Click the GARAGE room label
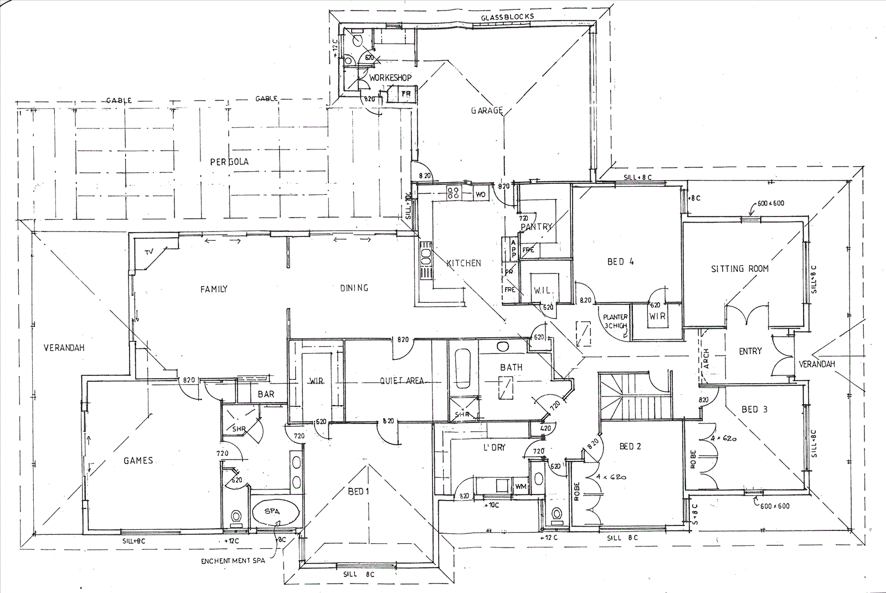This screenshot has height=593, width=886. (x=487, y=110)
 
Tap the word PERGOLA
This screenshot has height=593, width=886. (x=229, y=162)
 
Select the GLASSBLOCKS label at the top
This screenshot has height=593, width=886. (x=507, y=17)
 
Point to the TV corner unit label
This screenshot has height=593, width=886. (x=148, y=252)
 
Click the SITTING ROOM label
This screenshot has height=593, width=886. (x=740, y=269)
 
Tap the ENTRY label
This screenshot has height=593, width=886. (x=750, y=351)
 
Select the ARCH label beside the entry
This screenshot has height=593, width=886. (x=706, y=358)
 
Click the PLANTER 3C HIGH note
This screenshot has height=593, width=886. (x=616, y=321)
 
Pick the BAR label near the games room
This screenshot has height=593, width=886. (x=266, y=395)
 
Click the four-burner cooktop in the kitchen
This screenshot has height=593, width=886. (x=453, y=193)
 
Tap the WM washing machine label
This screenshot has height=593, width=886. (x=520, y=486)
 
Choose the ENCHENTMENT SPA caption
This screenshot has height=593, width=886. (x=233, y=560)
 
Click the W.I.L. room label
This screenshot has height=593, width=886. (x=543, y=291)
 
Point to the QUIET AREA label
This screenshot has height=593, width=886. (x=402, y=380)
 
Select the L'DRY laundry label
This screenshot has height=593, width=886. (x=494, y=447)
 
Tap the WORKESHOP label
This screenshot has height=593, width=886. (x=391, y=78)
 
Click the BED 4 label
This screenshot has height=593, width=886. (x=620, y=261)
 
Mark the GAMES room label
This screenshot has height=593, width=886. (x=138, y=460)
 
